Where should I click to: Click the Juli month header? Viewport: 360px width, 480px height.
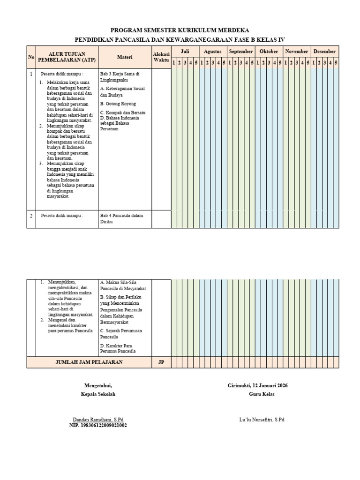point(185,51)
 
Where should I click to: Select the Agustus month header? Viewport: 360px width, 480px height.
point(213,51)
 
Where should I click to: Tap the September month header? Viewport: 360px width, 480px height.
point(241,51)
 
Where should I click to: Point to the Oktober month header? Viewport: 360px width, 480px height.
point(269,51)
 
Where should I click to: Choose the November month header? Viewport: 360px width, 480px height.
point(297,51)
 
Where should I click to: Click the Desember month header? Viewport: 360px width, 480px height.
point(324,51)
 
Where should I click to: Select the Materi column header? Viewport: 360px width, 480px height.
point(125,57)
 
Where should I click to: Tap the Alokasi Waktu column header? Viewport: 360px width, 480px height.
point(161,57)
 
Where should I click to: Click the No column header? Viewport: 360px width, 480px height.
point(31,57)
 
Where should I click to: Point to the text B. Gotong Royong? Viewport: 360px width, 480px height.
point(118,103)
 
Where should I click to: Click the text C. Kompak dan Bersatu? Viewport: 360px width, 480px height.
point(123,113)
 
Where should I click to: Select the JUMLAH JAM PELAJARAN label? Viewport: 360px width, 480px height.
point(89,362)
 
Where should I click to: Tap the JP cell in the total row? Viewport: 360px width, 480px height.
point(161,362)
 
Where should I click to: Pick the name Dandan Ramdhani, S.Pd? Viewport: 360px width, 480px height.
point(98,419)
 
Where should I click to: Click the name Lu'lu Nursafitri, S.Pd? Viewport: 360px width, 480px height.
point(262,419)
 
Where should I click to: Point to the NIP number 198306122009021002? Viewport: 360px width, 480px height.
point(98,425)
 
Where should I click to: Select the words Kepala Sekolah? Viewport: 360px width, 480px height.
point(98,394)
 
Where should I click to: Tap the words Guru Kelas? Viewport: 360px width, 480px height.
point(262,394)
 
